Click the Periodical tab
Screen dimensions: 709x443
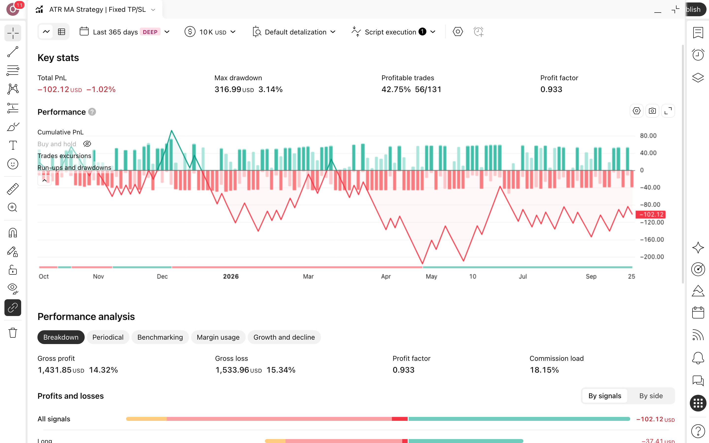click(108, 337)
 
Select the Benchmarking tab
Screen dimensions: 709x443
click(160, 337)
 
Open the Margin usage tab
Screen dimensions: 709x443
click(218, 337)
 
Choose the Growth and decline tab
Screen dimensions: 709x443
click(284, 337)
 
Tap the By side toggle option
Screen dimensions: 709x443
click(651, 396)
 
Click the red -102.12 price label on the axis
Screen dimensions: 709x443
click(650, 214)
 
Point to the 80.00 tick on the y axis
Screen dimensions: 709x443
click(648, 136)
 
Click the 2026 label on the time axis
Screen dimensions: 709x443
click(231, 276)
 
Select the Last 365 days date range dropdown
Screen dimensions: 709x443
click(125, 32)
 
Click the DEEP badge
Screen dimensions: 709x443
click(150, 32)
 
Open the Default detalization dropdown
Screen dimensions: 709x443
click(294, 32)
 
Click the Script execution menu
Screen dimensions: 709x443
click(393, 32)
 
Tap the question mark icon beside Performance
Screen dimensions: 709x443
click(92, 112)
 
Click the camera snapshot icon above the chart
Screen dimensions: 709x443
click(652, 111)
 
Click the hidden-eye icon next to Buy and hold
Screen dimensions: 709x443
click(87, 144)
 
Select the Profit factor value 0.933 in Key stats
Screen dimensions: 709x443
click(551, 89)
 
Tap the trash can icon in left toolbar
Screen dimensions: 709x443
click(13, 333)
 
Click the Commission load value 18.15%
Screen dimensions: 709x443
click(544, 370)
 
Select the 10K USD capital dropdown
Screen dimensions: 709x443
click(210, 32)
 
